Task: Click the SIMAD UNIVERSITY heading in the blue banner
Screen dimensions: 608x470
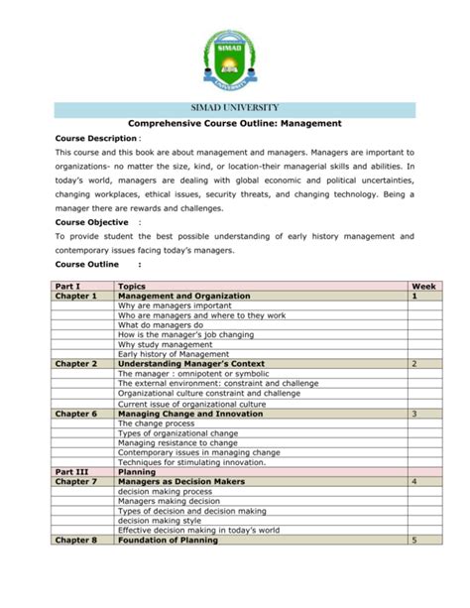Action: click(235, 107)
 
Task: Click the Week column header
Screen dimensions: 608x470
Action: click(422, 286)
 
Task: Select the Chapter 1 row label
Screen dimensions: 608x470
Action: click(76, 296)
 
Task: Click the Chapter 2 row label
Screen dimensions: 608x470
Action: click(76, 364)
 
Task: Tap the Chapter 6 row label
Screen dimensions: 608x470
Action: click(76, 413)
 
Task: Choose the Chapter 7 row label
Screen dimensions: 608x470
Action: click(76, 481)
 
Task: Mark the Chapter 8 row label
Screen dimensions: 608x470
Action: click(76, 540)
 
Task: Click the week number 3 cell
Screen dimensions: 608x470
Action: click(414, 413)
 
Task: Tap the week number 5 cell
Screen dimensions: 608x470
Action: click(414, 540)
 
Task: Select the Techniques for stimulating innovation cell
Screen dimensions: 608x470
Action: click(191, 461)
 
